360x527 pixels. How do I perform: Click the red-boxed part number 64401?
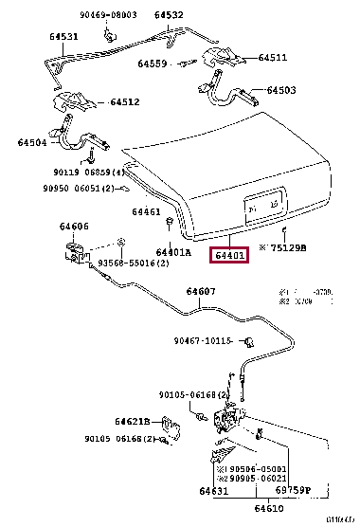coord(229,255)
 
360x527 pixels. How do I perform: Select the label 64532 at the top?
coord(170,15)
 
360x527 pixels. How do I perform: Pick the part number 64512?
coord(124,102)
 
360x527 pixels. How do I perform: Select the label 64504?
coord(32,142)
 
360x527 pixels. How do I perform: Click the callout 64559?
coord(152,64)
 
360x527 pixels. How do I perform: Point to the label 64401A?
coord(174,252)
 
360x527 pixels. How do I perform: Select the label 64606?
coord(74,227)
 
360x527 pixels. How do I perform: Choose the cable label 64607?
coord(200,291)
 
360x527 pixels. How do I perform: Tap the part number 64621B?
coord(133,421)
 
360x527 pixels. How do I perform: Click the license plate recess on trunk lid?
coord(261,207)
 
